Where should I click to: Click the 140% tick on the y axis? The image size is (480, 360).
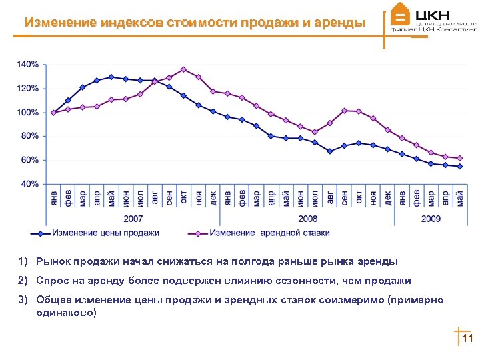click(x=28, y=65)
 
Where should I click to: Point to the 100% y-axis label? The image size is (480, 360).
click(x=28, y=112)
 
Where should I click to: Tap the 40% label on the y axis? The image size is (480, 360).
click(x=30, y=183)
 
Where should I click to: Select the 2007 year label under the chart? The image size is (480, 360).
click(x=133, y=219)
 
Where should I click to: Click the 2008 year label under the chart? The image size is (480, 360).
click(x=307, y=219)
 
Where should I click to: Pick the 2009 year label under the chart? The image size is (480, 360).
click(x=431, y=219)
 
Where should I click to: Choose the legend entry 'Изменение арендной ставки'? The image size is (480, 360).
click(x=269, y=233)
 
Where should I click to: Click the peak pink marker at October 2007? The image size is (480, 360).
click(x=183, y=69)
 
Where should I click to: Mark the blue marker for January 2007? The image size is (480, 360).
click(x=53, y=113)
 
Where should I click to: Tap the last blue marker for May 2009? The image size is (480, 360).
click(x=460, y=167)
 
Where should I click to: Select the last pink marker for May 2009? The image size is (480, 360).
click(x=460, y=158)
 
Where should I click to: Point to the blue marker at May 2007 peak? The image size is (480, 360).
click(x=111, y=77)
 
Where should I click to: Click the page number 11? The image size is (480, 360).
click(x=467, y=339)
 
